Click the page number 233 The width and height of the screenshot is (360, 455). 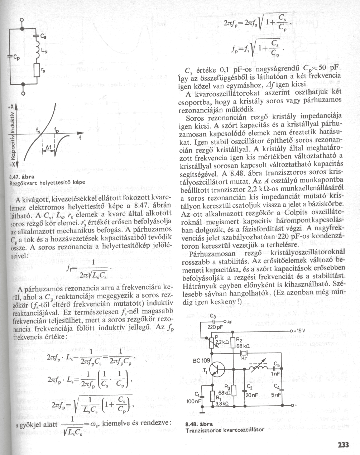(x=343, y=445)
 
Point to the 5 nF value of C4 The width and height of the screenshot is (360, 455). (x=276, y=395)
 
